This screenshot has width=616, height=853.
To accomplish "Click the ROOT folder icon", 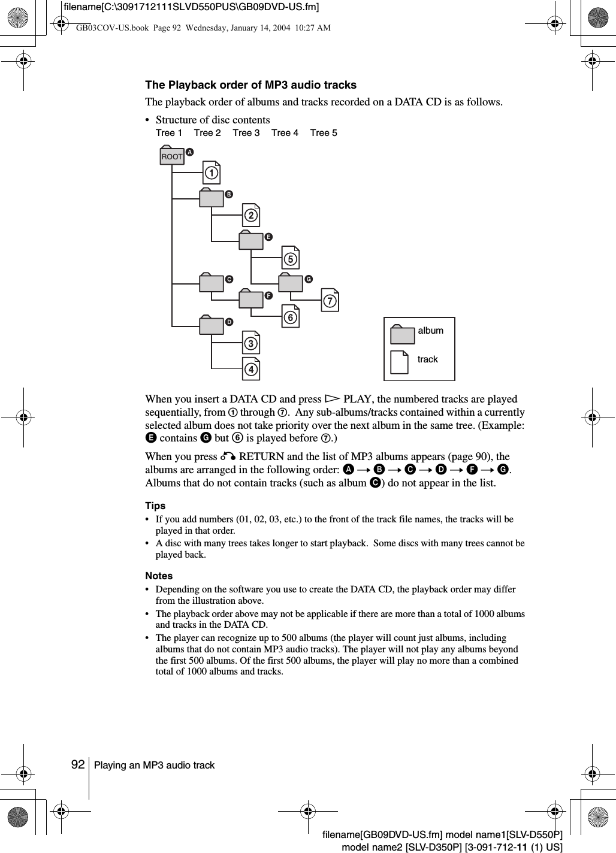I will [x=172, y=156].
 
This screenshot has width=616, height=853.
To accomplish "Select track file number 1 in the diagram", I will [x=211, y=173].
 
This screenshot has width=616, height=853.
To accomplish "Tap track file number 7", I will [x=330, y=300].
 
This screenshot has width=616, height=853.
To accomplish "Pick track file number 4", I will [x=251, y=368].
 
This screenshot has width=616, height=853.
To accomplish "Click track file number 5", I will [x=291, y=258].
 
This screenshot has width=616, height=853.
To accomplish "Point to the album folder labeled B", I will [x=212, y=198].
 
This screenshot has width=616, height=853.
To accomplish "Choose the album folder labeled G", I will [x=291, y=283].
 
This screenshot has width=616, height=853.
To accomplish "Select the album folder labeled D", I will [x=212, y=325].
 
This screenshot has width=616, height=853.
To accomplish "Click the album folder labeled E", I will [x=251, y=240].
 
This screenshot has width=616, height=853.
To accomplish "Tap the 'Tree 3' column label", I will [x=246, y=133].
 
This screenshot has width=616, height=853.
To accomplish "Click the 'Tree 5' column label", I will [x=324, y=133].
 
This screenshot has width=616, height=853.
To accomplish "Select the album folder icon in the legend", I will [x=402, y=334].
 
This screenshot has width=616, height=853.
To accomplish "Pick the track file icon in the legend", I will [x=400, y=362].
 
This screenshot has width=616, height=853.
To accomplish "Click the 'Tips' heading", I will [x=155, y=506].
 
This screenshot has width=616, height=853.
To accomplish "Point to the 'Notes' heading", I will [x=159, y=576].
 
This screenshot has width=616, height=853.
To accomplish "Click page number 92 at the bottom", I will [x=77, y=765].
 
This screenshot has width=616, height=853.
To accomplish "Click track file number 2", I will [x=251, y=215].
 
